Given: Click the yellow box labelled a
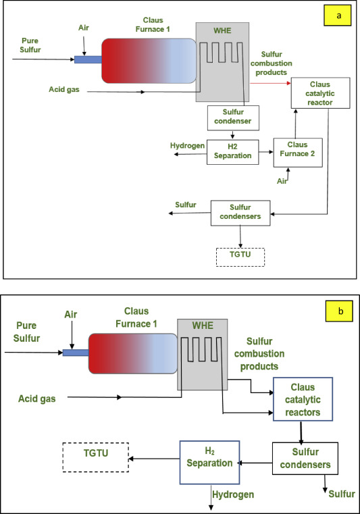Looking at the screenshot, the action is click(x=338, y=15).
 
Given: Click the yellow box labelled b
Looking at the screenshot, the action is click(x=339, y=311).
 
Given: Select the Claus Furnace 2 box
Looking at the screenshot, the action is click(x=298, y=153).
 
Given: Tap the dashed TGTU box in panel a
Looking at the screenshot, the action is click(x=240, y=257).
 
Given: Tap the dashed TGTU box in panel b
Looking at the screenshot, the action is click(x=95, y=457).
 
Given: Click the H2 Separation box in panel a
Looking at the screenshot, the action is click(x=233, y=152).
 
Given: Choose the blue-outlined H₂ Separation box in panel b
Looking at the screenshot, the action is click(x=209, y=462).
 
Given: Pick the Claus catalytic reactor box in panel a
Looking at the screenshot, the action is click(x=320, y=93).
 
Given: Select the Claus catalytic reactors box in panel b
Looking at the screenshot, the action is click(x=303, y=399).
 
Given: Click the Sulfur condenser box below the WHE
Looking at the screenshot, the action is click(x=233, y=118).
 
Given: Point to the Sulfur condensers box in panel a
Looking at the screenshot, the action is click(x=240, y=213).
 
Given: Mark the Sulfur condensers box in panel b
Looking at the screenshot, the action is click(x=305, y=458).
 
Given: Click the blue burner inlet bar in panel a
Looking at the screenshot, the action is click(x=88, y=59).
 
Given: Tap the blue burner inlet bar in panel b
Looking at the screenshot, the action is click(x=76, y=353).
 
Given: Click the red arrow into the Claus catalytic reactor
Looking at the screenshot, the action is click(x=270, y=83).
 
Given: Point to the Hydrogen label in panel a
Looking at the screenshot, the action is click(x=187, y=145).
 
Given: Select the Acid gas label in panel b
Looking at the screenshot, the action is click(x=36, y=399).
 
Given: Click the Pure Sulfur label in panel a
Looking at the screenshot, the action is click(x=30, y=45).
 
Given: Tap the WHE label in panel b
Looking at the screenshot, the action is click(x=203, y=326).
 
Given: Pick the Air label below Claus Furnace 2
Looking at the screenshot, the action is click(x=282, y=181).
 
